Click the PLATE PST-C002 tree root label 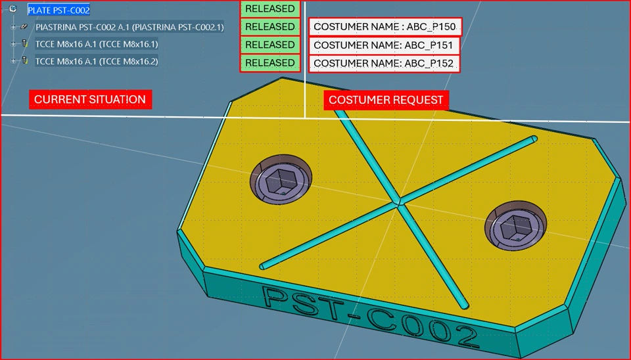click(58, 10)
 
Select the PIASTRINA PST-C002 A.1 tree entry click(129, 27)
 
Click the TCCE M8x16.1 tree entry click(96, 44)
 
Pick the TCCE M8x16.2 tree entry click(96, 61)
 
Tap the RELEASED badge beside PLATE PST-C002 click(269, 9)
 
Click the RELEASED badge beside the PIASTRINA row click(269, 27)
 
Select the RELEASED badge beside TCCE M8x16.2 click(269, 62)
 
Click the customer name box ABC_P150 click(385, 27)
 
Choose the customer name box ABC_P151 click(385, 45)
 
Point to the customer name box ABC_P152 click(385, 64)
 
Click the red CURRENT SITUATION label click(90, 100)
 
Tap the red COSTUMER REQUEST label click(386, 101)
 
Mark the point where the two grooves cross click(398, 204)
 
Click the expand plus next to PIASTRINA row click(13, 27)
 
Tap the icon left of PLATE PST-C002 click(13, 9)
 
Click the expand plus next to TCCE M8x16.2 click(13, 61)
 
